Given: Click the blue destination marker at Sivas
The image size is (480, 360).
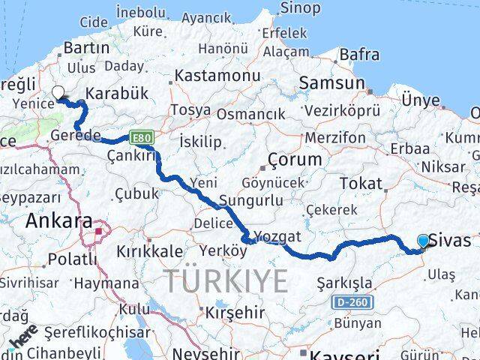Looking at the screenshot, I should [424, 241].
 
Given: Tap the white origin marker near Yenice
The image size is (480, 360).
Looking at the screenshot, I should [58, 93].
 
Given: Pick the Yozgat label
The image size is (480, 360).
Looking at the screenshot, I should [277, 236].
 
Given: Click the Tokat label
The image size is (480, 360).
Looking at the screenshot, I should [361, 183].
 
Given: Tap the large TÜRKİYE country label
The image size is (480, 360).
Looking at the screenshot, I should [226, 281].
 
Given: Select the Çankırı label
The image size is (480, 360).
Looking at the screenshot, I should [132, 155].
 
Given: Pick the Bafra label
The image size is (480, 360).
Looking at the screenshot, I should [359, 55].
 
